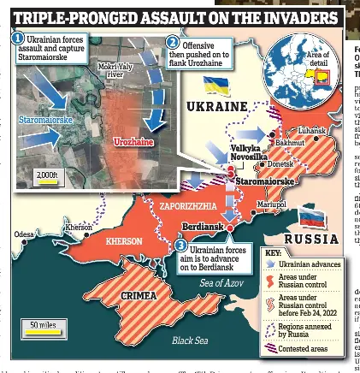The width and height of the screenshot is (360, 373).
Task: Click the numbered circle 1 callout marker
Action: pyautogui.click(x=17, y=38)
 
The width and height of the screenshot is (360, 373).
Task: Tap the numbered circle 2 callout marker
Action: pyautogui.click(x=172, y=43)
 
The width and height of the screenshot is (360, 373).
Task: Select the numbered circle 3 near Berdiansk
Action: pyautogui.click(x=180, y=246)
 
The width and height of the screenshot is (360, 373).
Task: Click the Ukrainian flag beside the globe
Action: pyautogui.click(x=215, y=86)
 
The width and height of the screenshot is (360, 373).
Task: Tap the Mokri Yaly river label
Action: pyautogui.click(x=115, y=69)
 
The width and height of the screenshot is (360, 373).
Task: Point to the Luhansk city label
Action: pyautogui.click(x=310, y=130)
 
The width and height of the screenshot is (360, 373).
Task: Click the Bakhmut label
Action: pyautogui.click(x=289, y=142)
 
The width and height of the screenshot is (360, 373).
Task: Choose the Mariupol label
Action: pyautogui.click(x=271, y=204)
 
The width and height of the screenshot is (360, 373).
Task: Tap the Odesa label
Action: pyautogui.click(x=24, y=234)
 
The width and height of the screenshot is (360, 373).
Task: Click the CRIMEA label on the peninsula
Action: pyautogui.click(x=139, y=295)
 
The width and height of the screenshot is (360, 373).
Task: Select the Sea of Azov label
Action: pyautogui.click(x=221, y=283)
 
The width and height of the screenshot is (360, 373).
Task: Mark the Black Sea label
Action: pyautogui.click(x=189, y=340)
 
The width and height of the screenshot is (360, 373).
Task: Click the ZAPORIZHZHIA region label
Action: pyautogui.click(x=188, y=206)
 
